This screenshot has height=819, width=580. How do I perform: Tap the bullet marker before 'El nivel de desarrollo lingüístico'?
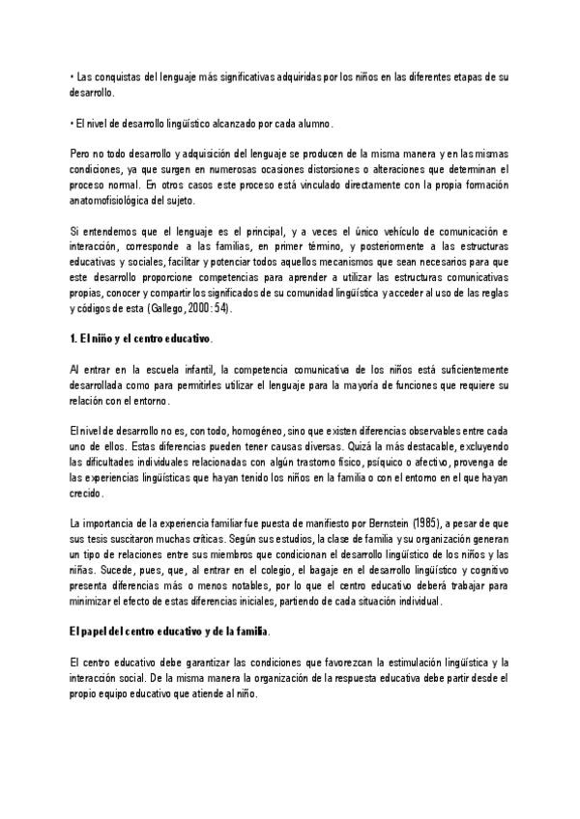click(x=72, y=124)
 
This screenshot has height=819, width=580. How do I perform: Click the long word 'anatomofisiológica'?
click(x=119, y=201)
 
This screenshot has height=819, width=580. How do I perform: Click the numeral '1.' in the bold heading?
click(x=76, y=340)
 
